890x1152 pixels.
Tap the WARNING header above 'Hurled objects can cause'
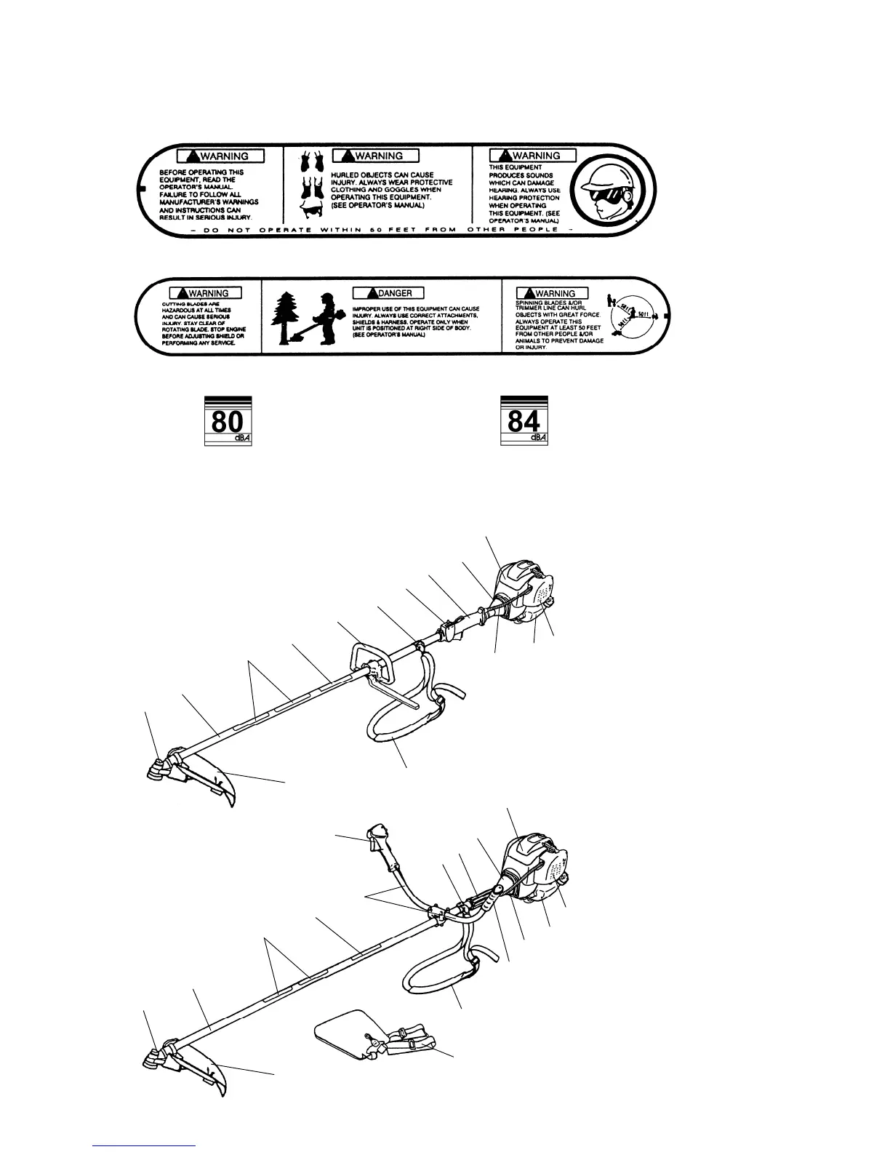(x=374, y=156)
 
